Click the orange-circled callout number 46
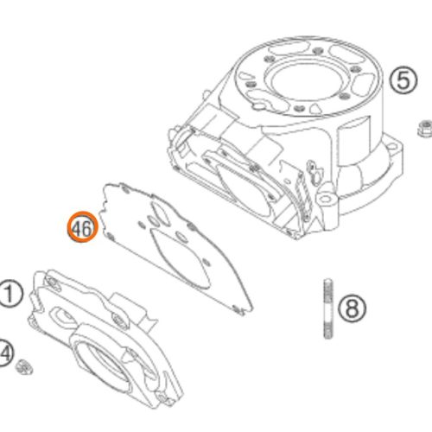(x=83, y=226)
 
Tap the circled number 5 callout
(x=403, y=80)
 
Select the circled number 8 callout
(x=352, y=308)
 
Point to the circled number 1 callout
(x=10, y=294)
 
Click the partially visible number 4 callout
(x=5, y=353)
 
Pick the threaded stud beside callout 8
(x=328, y=308)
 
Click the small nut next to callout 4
(x=24, y=367)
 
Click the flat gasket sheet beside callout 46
(x=175, y=248)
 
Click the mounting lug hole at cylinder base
(x=326, y=199)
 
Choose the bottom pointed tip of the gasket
(x=251, y=308)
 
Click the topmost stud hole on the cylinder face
(x=318, y=51)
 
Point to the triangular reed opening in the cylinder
(x=244, y=187)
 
